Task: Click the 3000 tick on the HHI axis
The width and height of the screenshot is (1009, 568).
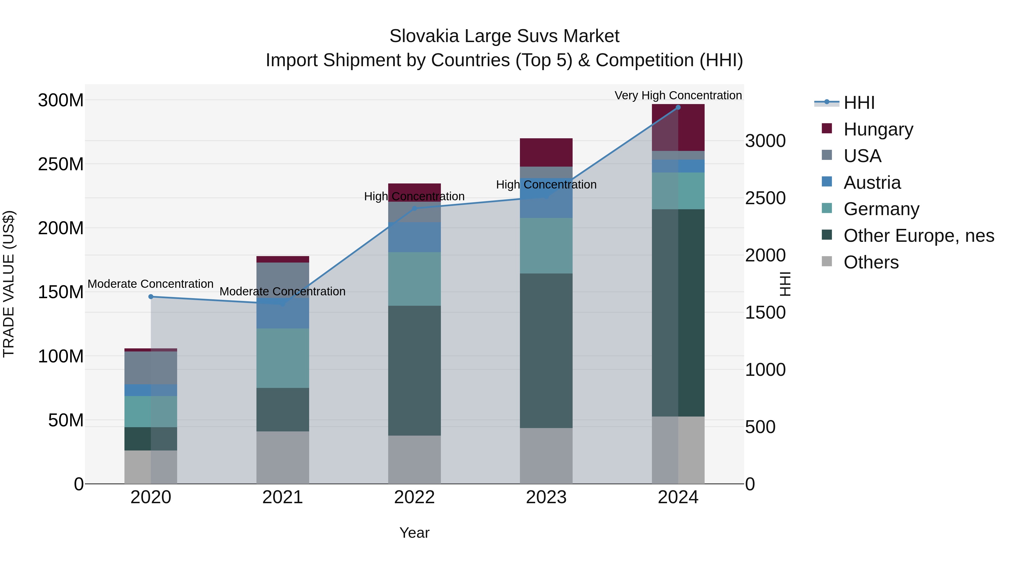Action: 765,141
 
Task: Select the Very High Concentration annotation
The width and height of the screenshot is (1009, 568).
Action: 678,95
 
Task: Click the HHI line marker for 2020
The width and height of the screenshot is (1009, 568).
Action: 151,297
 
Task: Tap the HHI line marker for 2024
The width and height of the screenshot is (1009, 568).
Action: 678,107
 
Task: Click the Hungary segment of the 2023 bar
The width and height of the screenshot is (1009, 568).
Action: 546,152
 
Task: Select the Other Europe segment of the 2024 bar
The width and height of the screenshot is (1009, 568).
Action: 678,312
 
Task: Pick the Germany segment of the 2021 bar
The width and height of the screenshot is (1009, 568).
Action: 283,358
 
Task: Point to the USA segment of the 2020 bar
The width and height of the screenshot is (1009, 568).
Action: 151,368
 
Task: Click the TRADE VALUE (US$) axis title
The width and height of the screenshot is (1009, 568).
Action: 9,284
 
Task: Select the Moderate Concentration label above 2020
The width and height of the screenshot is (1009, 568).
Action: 151,284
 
